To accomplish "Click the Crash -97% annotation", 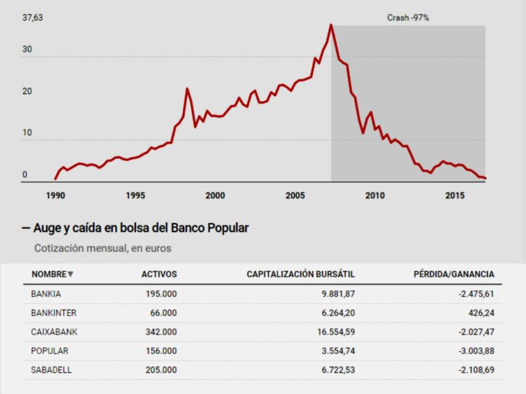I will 408,18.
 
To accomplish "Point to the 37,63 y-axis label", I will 33,18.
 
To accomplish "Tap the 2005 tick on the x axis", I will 295,196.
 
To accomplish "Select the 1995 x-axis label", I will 136,196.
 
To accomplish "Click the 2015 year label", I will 455,196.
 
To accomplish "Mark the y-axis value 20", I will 25,92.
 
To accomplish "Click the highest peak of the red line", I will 331,25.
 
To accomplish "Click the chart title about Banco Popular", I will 135,228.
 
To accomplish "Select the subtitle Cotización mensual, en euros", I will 103,249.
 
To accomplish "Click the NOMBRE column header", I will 49,275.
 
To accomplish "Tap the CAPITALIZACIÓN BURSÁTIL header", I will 301,275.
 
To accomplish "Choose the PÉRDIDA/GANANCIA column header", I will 453,275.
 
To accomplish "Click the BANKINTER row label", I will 54,313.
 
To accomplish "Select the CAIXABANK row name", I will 54,332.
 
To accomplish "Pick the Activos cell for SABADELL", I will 161,370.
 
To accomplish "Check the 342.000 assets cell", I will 161,332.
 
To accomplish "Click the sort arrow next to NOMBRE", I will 70,275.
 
